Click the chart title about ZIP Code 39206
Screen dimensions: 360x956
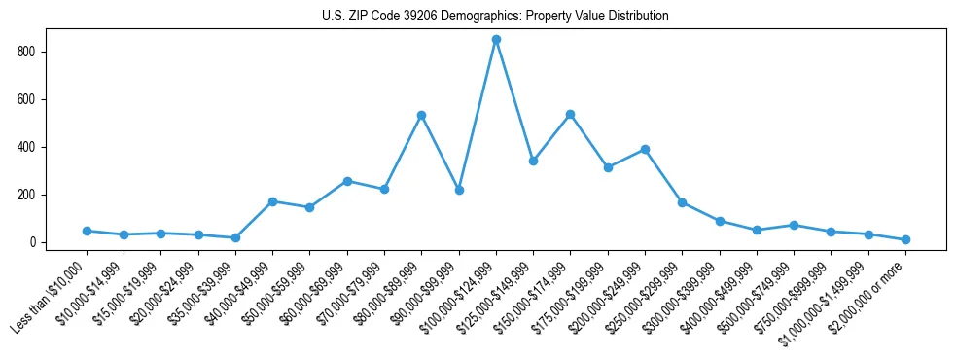[x=495, y=17]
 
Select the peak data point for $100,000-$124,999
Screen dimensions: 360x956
[x=496, y=40]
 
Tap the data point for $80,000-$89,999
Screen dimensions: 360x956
[x=421, y=115]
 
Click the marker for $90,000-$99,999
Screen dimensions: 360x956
[x=459, y=190]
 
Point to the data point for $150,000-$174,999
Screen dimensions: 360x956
[x=570, y=115]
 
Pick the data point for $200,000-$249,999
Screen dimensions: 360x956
[x=645, y=150]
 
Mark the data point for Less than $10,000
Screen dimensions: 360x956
[x=87, y=231]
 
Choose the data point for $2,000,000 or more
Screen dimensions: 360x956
[x=905, y=239]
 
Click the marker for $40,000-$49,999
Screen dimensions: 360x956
[x=272, y=201]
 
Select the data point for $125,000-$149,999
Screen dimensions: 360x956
[x=533, y=161]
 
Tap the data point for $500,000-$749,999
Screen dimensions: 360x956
[x=794, y=225]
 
